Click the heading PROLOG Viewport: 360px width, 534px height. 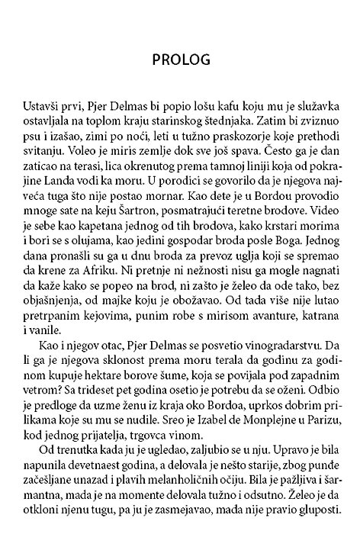pos(180,59)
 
